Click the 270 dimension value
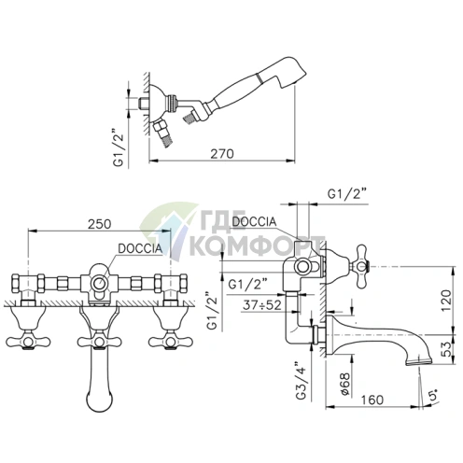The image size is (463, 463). pyautogui.click(x=222, y=154)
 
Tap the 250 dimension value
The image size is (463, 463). pyautogui.click(x=99, y=224)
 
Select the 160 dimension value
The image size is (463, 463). pyautogui.click(x=372, y=400)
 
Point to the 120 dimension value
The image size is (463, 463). pyautogui.click(x=446, y=300)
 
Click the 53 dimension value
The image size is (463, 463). pyautogui.click(x=446, y=349)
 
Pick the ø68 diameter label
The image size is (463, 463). pyautogui.click(x=345, y=384)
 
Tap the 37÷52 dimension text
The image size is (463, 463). pyautogui.click(x=262, y=305)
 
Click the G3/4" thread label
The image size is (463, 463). pyautogui.click(x=302, y=381)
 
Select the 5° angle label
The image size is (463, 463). pyautogui.click(x=433, y=394)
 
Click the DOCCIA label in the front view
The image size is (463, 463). pyautogui.click(x=140, y=248)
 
